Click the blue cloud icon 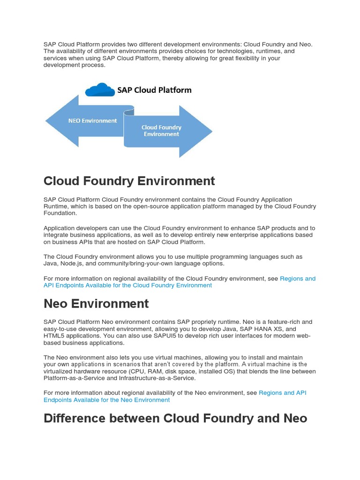coord(100,90)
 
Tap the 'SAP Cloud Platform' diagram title coord(155,90)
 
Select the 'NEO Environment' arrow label coord(92,120)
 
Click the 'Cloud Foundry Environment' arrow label coord(161,131)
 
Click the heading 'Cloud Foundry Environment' coord(129,181)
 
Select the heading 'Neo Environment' coord(96,303)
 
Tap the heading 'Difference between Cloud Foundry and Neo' coord(175,418)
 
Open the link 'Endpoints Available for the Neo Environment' coord(106,400)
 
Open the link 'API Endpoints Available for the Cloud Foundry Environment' coord(127,285)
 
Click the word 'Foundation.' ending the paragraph coord(60,213)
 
